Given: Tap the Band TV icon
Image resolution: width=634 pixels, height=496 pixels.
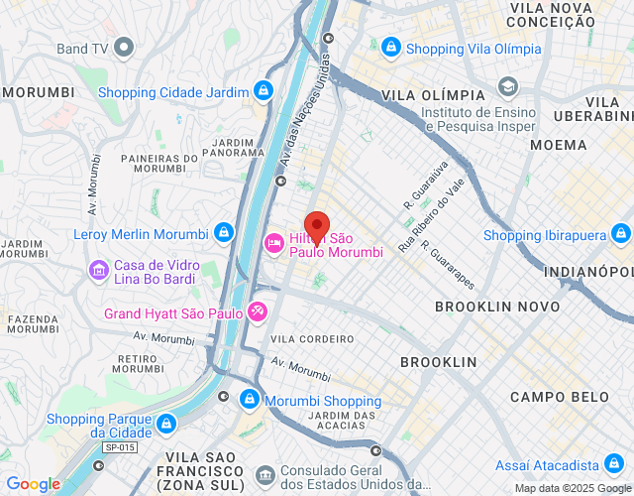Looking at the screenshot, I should [124, 47].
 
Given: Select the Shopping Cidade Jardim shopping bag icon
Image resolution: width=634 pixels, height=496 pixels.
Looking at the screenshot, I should [263, 92].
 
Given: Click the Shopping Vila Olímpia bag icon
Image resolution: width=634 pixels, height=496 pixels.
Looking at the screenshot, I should [391, 48].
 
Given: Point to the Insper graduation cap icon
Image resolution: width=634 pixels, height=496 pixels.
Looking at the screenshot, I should [508, 87].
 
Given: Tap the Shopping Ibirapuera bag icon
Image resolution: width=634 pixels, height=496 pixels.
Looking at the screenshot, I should [620, 235].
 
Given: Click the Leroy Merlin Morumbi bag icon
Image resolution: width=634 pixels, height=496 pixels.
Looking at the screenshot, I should [225, 235].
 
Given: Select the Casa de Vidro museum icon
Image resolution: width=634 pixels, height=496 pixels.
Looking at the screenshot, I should [98, 269].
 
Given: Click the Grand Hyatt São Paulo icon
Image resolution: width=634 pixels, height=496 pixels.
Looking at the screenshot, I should [258, 312].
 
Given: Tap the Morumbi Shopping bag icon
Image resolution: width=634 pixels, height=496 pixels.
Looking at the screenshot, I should [251, 401].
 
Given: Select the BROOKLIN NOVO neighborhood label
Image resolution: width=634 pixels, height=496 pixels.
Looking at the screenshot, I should [497, 308].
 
